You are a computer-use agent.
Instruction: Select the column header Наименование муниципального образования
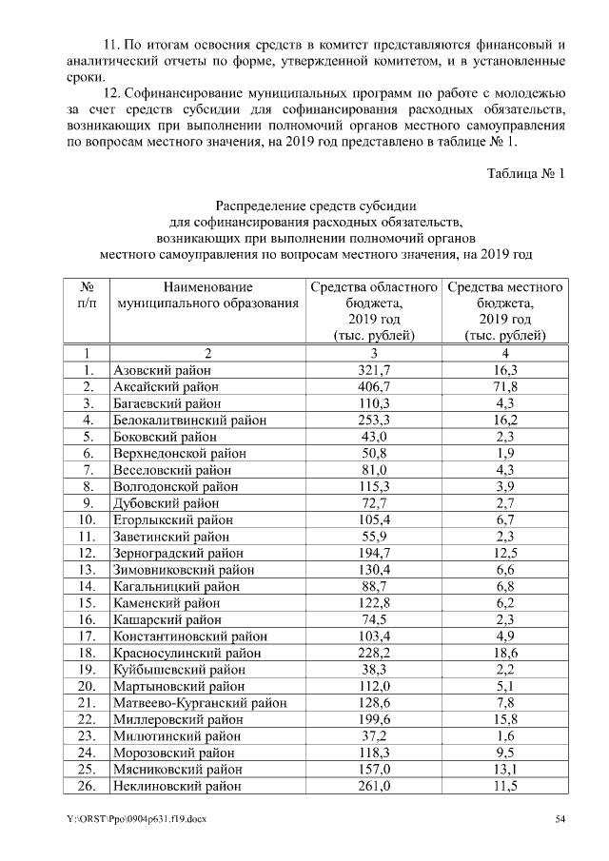coord(207,295)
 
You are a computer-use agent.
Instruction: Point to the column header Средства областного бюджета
coord(374,311)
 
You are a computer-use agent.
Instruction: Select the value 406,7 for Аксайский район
coord(374,386)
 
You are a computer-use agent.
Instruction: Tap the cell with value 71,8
coord(505,386)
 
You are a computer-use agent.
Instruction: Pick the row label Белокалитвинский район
coord(189,420)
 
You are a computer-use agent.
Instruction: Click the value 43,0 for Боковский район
coord(374,436)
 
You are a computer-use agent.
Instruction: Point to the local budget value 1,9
coord(505,453)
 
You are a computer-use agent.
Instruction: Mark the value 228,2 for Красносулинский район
coord(374,653)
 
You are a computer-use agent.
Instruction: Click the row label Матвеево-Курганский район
coord(200,702)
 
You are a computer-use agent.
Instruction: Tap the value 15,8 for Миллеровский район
coord(505,719)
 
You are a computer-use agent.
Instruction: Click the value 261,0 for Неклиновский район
coord(374,786)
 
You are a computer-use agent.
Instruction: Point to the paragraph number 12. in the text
coord(111,93)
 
